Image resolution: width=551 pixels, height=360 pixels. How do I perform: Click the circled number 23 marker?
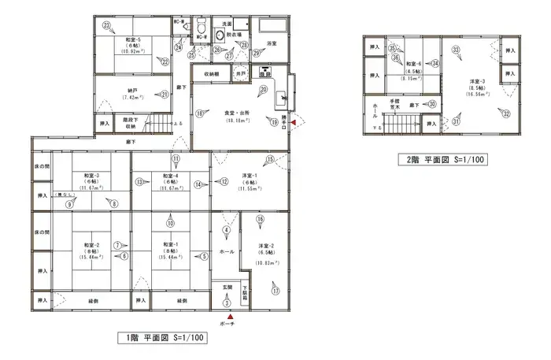coord(105,25)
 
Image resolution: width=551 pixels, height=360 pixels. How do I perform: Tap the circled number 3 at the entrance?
coord(227,303)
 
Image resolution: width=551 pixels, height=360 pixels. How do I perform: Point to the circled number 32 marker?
coord(506,113)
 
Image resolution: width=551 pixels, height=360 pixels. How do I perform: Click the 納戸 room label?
coord(131,91)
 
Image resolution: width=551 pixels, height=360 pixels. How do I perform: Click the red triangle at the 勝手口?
coord(294,123)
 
